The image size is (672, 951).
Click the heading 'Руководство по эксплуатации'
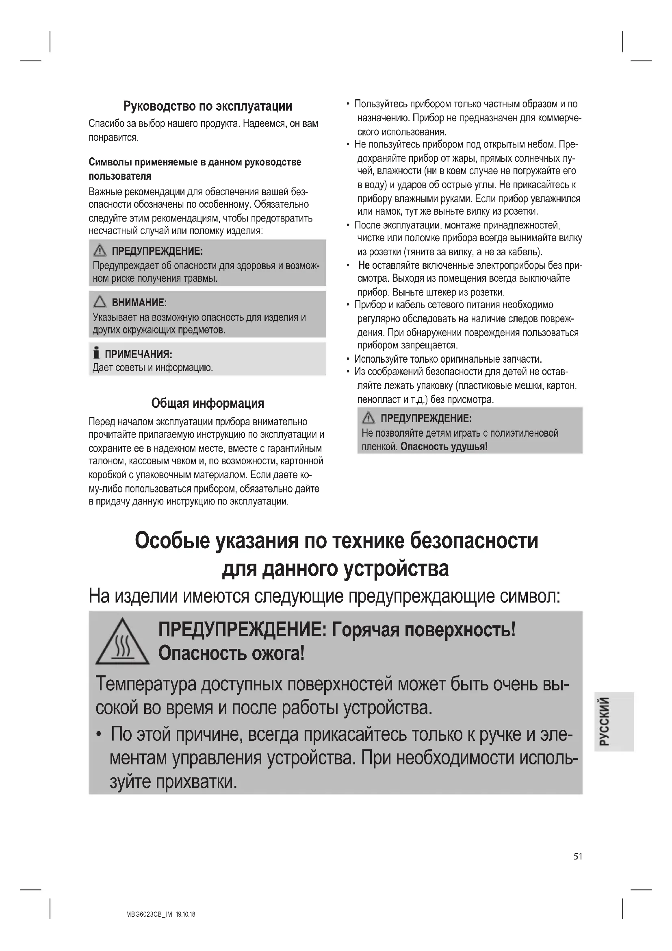tap(208, 107)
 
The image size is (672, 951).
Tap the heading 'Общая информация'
tap(207, 403)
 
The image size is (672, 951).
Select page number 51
tap(578, 857)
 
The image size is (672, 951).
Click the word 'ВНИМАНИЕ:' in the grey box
tap(139, 303)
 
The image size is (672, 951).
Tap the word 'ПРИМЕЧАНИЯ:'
tap(138, 355)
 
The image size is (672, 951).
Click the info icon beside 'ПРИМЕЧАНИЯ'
tap(96, 353)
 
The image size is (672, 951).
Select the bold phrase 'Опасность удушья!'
tap(444, 446)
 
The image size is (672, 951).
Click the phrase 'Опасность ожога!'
tap(231, 654)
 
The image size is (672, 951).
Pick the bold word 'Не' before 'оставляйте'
tap(364, 265)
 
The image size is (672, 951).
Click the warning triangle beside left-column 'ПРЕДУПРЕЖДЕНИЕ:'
tap(100, 250)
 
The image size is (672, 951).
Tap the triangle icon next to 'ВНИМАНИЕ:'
tap(100, 302)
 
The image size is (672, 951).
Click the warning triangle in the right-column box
tap(368, 418)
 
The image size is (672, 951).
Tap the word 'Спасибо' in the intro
tap(105, 124)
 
